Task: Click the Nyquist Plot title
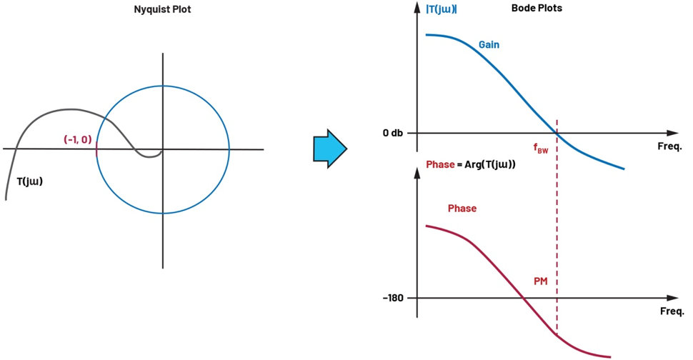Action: [162, 9]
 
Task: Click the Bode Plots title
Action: [537, 8]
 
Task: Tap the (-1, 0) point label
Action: [78, 139]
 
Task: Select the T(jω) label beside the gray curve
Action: [29, 181]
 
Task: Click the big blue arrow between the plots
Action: [330, 149]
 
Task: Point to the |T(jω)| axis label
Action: [441, 9]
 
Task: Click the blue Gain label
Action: [489, 44]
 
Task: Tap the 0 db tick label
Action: [393, 133]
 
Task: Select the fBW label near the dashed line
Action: [541, 149]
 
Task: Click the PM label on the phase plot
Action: [541, 281]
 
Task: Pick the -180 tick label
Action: [393, 298]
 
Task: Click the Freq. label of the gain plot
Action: [669, 146]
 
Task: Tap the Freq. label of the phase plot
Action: [672, 311]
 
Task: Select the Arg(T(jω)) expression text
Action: [490, 164]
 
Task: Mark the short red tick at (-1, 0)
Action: [96, 150]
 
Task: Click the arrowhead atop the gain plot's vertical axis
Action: [417, 7]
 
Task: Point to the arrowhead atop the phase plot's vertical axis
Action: [417, 173]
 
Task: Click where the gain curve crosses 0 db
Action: [557, 133]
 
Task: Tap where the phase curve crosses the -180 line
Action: [524, 298]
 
